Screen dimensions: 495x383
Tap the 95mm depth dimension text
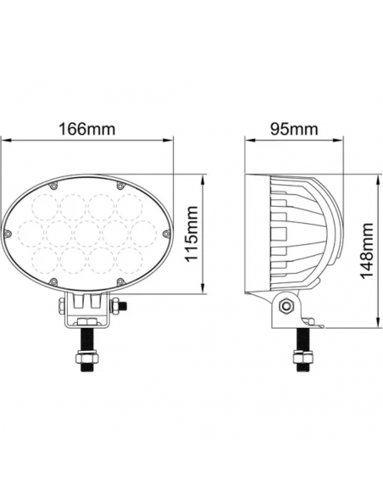point(292,131)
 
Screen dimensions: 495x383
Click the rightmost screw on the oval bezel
point(166,233)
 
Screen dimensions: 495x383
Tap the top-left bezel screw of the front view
point(54,184)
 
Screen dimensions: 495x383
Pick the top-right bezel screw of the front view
point(120,184)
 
